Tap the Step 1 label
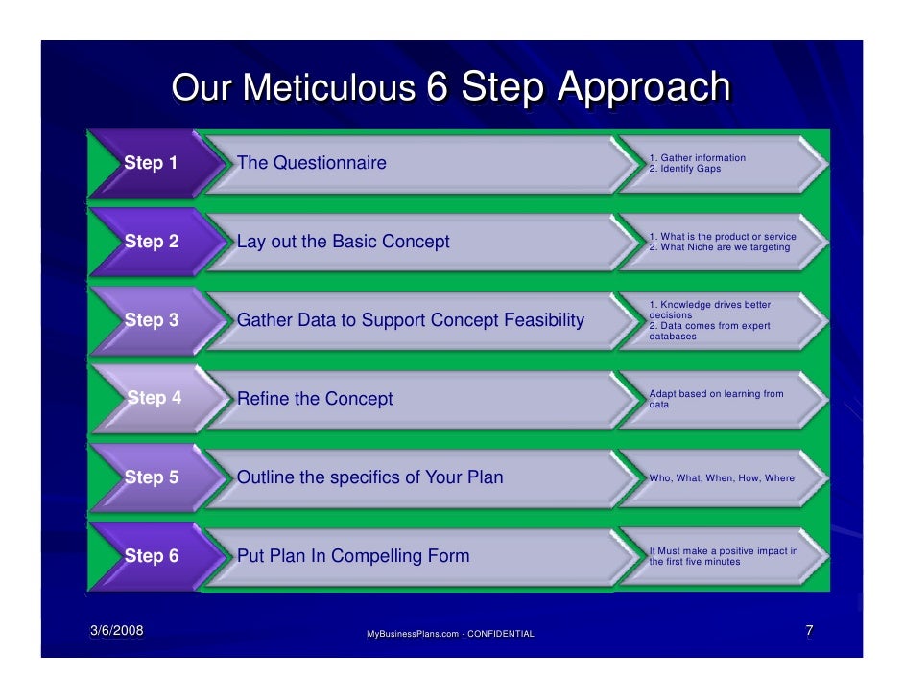coord(151,163)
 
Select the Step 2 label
coord(152,242)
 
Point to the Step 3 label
coord(152,320)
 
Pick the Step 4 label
coord(155,398)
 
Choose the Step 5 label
coord(152,477)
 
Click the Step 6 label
coord(152,555)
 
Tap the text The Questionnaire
coord(311,163)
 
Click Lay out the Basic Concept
coord(343,242)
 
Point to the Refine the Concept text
coord(315,399)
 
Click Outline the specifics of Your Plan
coord(369,477)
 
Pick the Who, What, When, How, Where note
coord(722,477)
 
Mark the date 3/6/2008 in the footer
coord(116,631)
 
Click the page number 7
coord(810,631)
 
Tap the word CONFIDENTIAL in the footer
coord(500,635)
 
